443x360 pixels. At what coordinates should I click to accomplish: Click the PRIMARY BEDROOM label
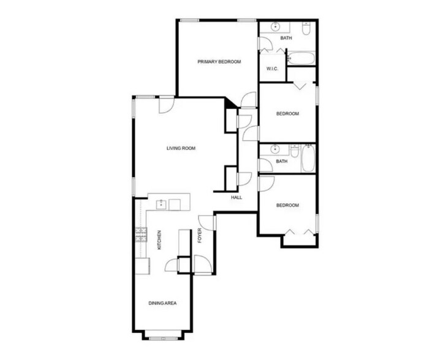point(219,62)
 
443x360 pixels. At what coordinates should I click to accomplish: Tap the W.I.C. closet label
point(273,69)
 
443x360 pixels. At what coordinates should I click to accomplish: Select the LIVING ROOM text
point(181,148)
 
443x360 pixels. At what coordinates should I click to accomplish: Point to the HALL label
point(237,197)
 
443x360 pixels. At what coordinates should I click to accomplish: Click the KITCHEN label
point(158,239)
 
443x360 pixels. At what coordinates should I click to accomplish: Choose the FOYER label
point(199,236)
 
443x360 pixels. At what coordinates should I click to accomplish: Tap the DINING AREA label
point(162,302)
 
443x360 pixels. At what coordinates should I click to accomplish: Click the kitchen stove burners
point(141,234)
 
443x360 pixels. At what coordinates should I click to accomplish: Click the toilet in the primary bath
point(306,28)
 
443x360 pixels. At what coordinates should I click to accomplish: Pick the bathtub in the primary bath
point(301,60)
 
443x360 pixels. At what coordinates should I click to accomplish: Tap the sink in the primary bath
point(275,27)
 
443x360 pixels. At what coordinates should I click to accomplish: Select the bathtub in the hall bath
point(308,159)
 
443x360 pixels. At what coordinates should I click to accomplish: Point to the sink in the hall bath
point(275,150)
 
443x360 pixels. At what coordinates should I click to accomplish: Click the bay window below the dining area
point(162,336)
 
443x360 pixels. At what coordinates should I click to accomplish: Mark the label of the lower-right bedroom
point(287,205)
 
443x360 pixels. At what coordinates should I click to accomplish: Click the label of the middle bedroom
point(287,114)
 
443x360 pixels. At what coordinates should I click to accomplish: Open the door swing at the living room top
point(165,105)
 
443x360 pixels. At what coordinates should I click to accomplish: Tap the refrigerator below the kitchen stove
point(143,265)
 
